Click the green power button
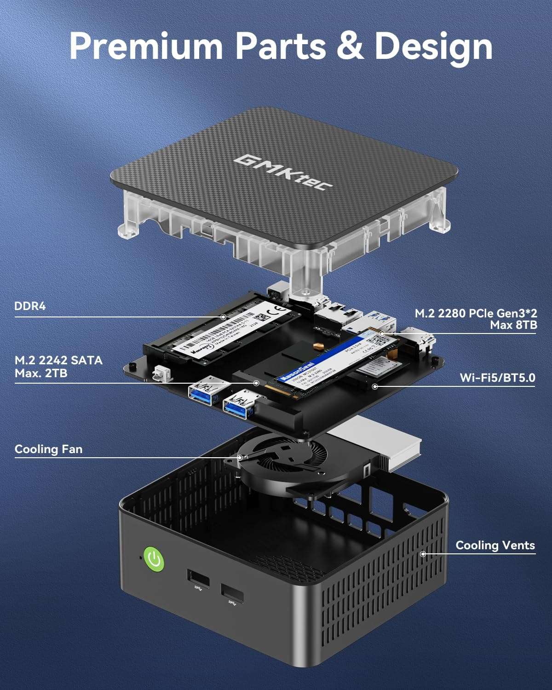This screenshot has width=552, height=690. tap(154, 560)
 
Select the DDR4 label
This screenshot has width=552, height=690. tap(30, 306)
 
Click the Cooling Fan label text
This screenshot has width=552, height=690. tap(48, 449)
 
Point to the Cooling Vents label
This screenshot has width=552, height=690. tap(495, 546)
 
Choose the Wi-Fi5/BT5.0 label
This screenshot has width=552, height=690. tap(497, 378)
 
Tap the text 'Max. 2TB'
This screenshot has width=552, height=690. tap(41, 373)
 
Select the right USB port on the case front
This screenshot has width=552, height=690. tap(232, 593)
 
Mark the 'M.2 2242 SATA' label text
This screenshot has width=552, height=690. tap(58, 360)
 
